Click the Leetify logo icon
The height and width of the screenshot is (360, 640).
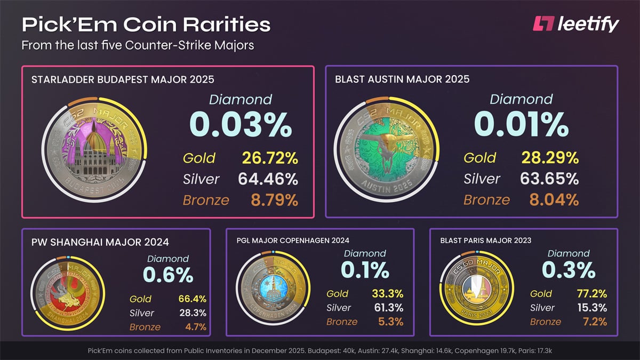click(543, 24)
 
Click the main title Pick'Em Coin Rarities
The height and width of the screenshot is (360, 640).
click(146, 25)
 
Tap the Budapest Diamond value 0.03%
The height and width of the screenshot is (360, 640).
click(241, 125)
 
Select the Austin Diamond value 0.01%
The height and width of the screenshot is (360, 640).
click(521, 125)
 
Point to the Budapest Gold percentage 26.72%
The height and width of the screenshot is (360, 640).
click(270, 158)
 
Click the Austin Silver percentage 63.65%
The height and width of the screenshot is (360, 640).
click(549, 179)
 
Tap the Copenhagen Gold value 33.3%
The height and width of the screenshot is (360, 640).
click(388, 294)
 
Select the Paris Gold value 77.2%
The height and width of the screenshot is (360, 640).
click(591, 294)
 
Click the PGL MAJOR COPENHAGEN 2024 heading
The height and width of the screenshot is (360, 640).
click(293, 241)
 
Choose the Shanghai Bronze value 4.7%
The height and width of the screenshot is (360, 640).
click(196, 327)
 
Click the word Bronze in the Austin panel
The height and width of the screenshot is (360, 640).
click(486, 200)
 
